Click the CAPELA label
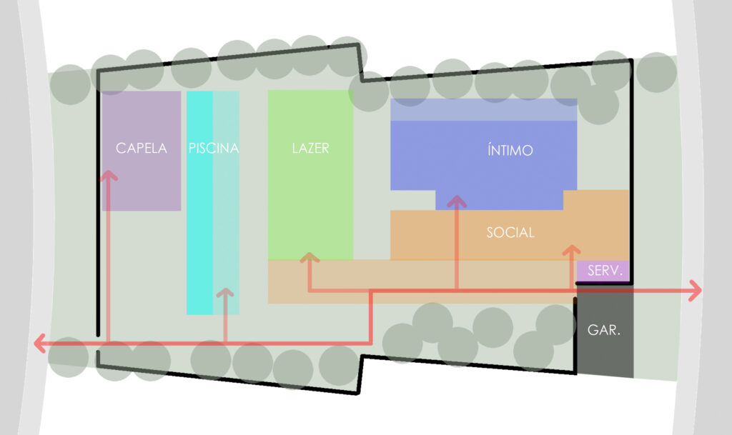(141, 149)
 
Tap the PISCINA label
(213, 149)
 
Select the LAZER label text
(310, 149)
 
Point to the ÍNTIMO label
(510, 151)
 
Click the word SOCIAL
(510, 232)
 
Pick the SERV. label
(605, 271)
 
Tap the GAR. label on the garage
(603, 331)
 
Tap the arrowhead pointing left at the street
(40, 344)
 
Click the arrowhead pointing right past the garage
(695, 290)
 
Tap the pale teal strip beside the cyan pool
(226, 214)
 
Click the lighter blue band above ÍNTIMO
(483, 110)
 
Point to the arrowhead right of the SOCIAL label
(571, 251)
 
